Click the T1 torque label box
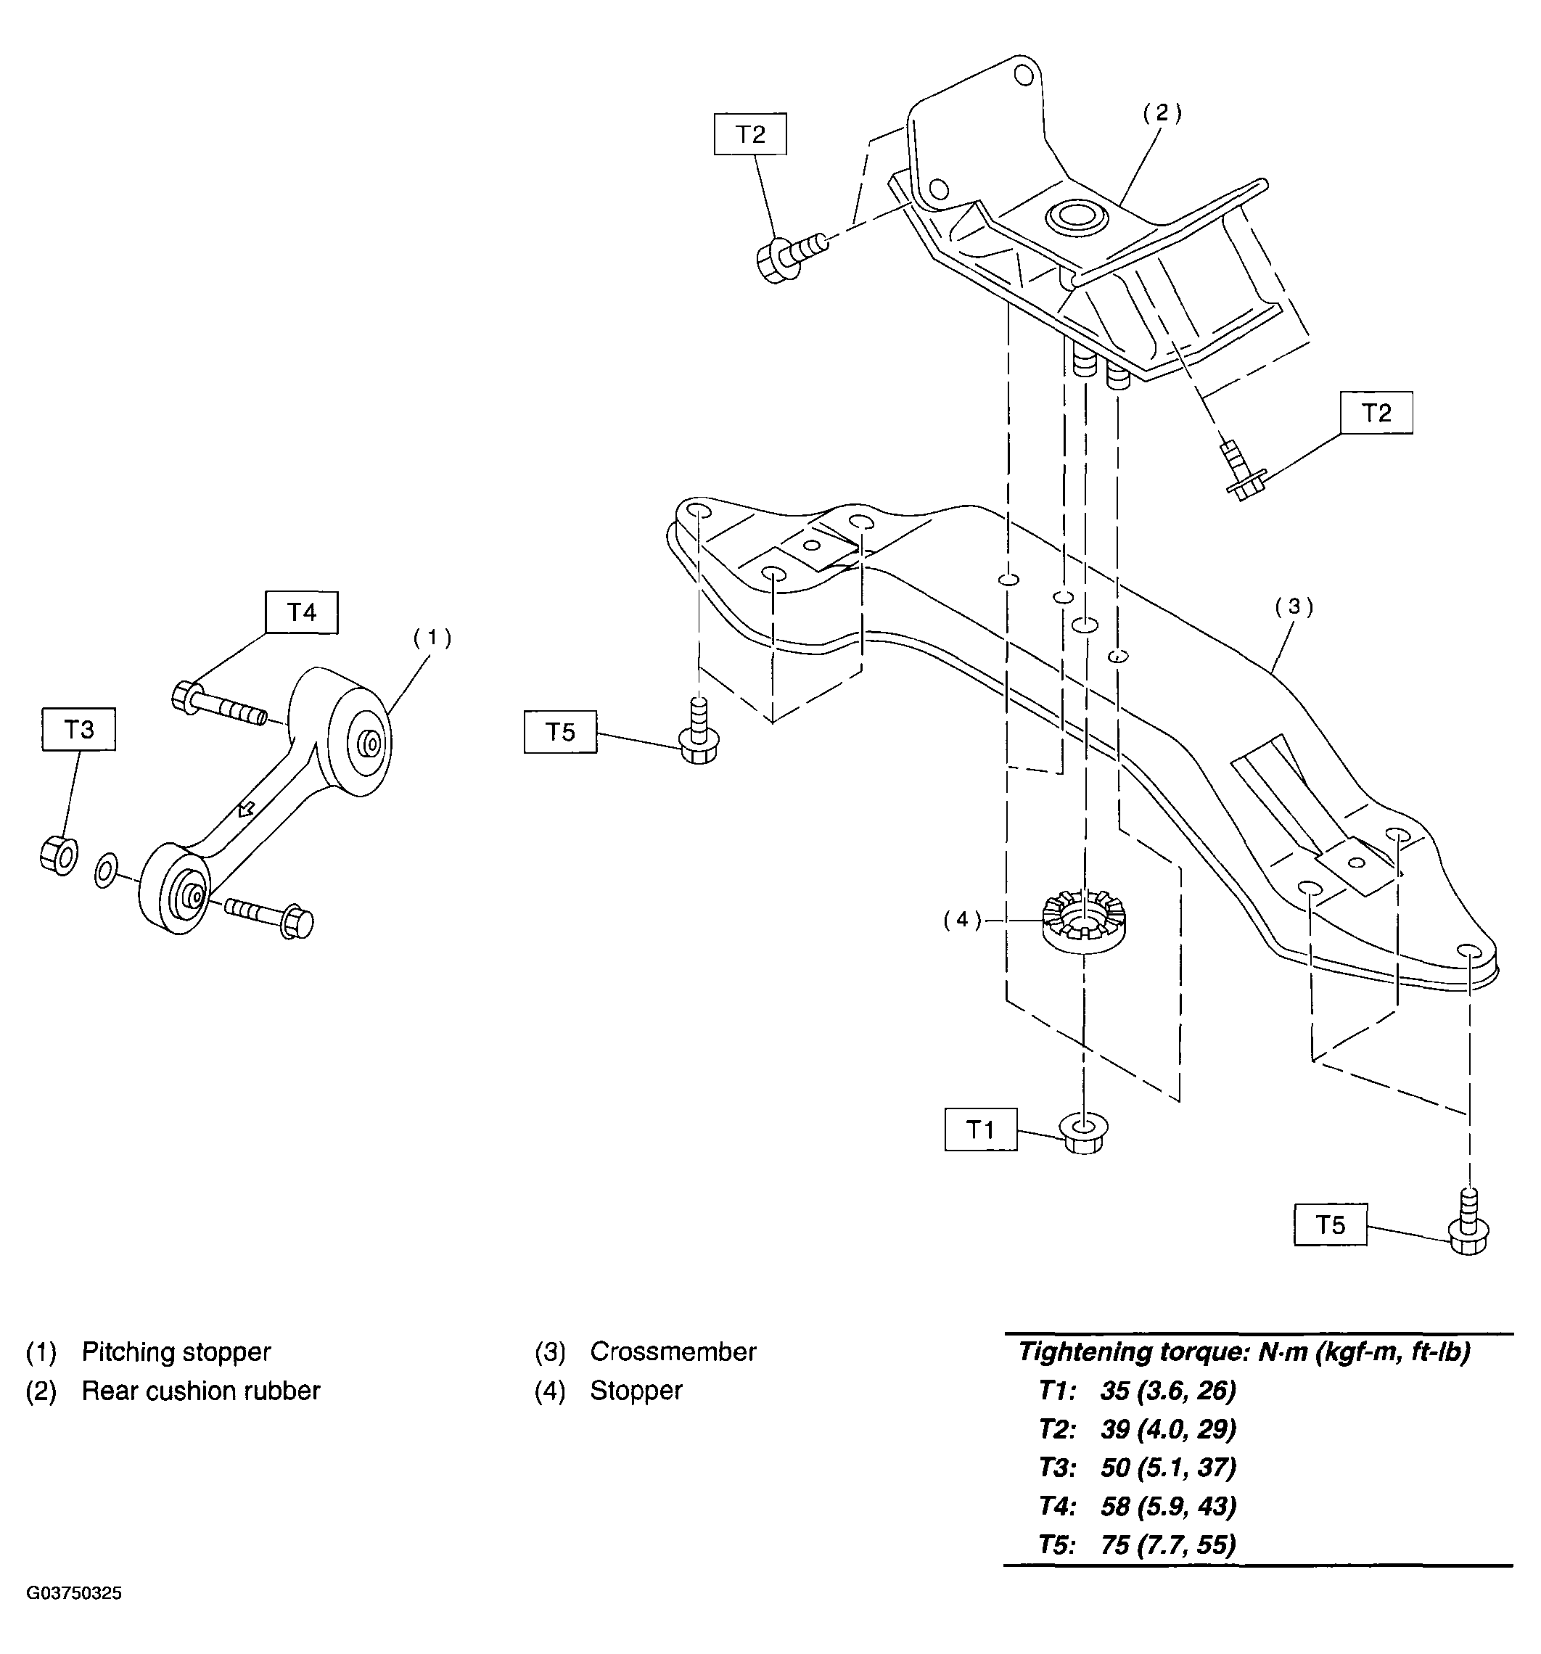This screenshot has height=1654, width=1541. point(979,1129)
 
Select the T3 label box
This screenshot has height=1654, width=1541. point(78,729)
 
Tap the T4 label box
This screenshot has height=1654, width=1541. point(301,612)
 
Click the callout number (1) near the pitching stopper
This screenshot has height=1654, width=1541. point(432,638)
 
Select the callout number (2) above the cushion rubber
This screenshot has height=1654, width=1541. point(1162,113)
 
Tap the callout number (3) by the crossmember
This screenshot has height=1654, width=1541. point(1294,607)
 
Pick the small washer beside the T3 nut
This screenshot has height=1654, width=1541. point(106,871)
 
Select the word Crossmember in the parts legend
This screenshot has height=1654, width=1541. point(673,1352)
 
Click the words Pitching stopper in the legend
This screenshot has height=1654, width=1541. point(176,1352)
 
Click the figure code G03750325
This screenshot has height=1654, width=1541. point(74,1593)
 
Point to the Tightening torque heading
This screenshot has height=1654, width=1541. point(1244,1352)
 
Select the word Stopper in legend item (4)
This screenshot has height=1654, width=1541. point(636,1390)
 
